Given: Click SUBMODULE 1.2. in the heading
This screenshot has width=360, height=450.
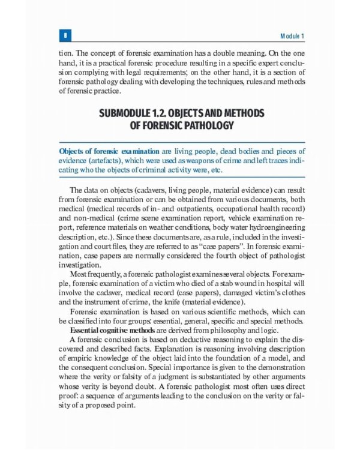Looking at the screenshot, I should [136, 113].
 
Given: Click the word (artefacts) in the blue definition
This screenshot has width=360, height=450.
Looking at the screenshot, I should [109, 161].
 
